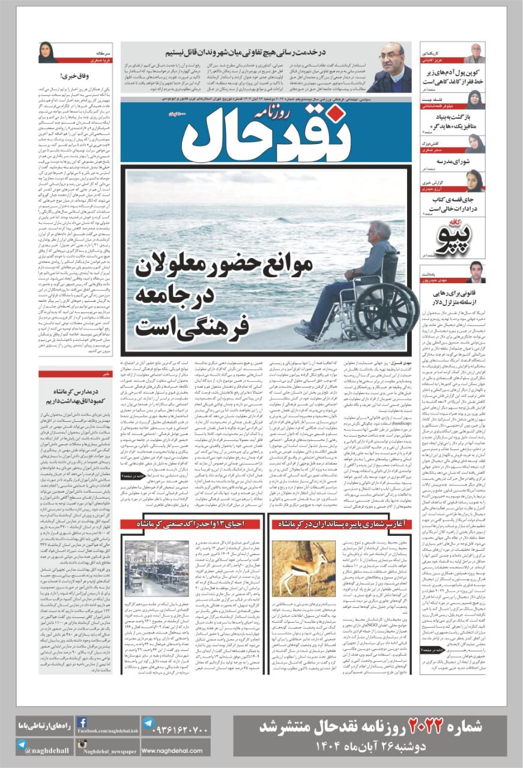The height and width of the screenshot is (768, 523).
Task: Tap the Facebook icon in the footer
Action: (x=83, y=723)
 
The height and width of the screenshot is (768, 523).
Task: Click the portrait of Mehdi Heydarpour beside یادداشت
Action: (x=476, y=272)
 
